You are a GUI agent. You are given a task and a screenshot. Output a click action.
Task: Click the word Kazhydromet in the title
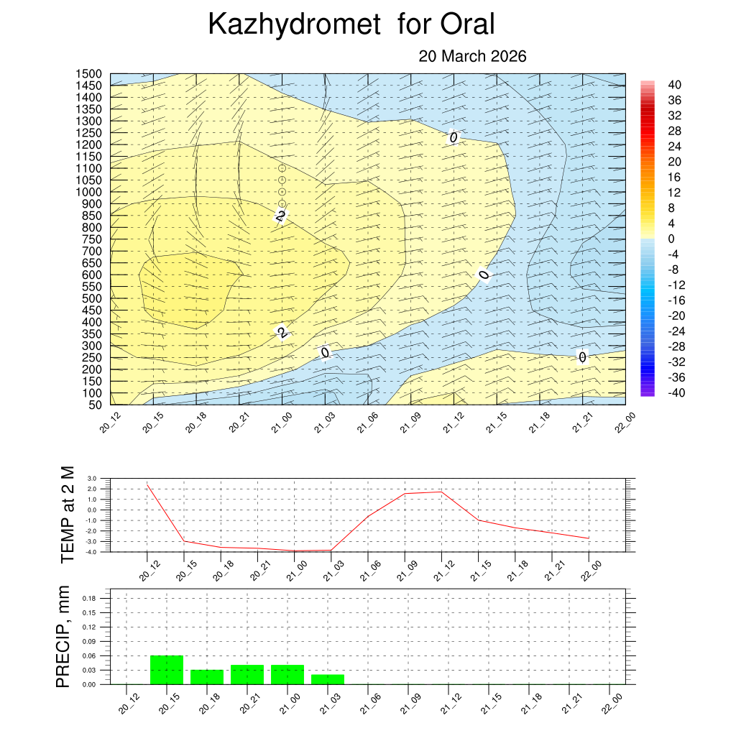(293, 25)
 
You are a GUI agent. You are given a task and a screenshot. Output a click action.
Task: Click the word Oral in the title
(467, 25)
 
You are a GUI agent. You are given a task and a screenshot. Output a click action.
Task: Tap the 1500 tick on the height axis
(90, 74)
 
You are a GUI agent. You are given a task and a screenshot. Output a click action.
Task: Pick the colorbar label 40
(674, 85)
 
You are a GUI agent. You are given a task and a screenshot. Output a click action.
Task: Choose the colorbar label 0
(671, 239)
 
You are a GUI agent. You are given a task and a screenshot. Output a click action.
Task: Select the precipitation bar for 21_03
(328, 679)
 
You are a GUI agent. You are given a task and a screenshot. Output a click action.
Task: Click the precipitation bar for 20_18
(207, 677)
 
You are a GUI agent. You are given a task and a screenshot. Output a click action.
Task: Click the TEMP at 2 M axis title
(68, 514)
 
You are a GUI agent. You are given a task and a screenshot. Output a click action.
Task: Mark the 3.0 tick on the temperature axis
(91, 478)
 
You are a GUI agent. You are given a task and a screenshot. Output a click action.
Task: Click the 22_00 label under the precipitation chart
(612, 700)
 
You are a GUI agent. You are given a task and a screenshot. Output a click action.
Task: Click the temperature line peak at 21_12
(441, 492)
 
